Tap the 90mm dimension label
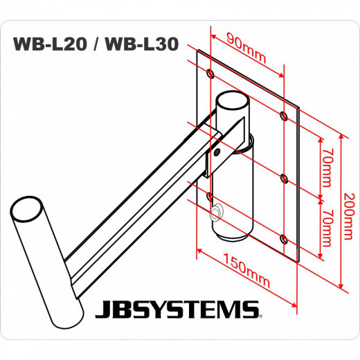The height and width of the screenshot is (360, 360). (247, 48)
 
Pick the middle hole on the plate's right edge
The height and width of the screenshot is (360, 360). (284, 178)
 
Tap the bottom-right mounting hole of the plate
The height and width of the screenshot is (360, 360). (284, 239)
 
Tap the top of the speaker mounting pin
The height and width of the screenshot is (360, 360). (28, 208)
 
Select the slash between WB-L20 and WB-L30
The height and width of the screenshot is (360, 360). (94, 45)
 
